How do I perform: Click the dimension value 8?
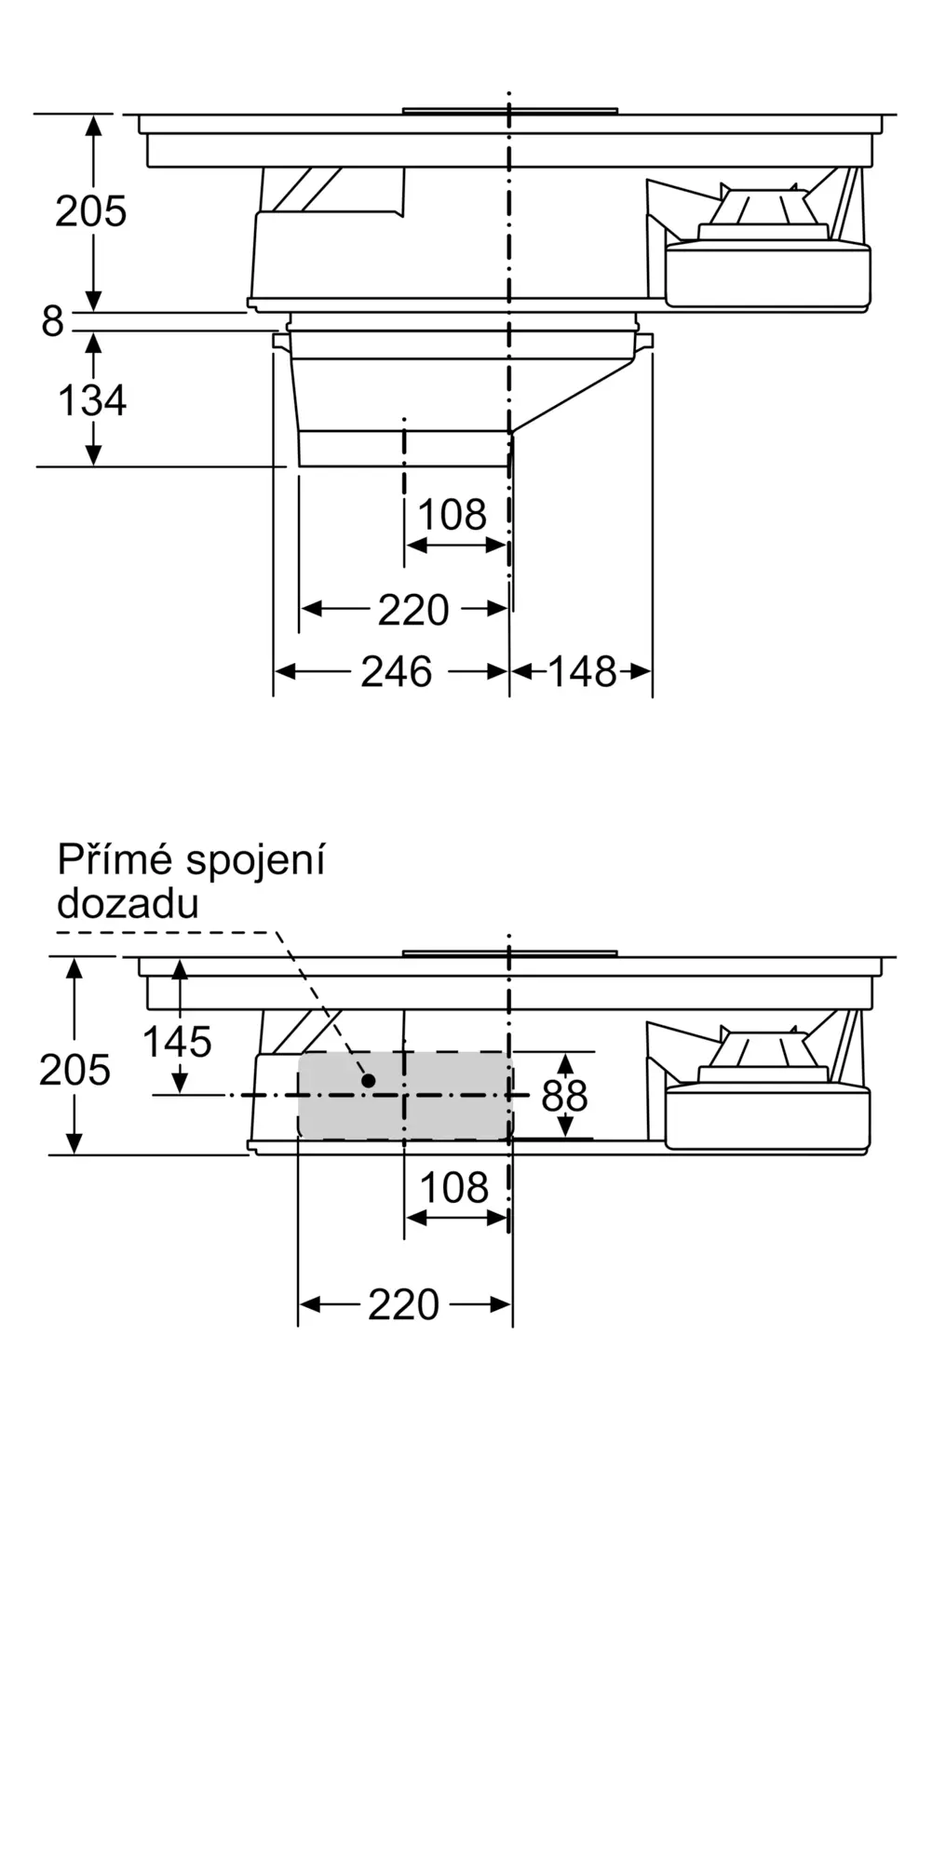coord(52,321)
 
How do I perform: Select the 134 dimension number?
coord(92,400)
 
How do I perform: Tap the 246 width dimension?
coord(397,671)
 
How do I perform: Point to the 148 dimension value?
coord(582,671)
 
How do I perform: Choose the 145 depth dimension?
coord(177,1042)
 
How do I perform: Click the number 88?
coord(564,1097)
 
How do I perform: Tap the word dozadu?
coord(128,903)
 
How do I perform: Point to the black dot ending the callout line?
coord(368,1081)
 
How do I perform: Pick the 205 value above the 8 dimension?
coord(90,211)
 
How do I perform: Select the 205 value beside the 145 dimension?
coord(74,1071)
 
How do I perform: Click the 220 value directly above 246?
coord(413,610)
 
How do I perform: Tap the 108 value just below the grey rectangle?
coord(454,1188)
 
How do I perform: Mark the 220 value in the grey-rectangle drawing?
coord(403,1305)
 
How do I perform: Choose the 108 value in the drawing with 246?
coord(452,515)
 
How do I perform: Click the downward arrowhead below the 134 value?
coord(93,455)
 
